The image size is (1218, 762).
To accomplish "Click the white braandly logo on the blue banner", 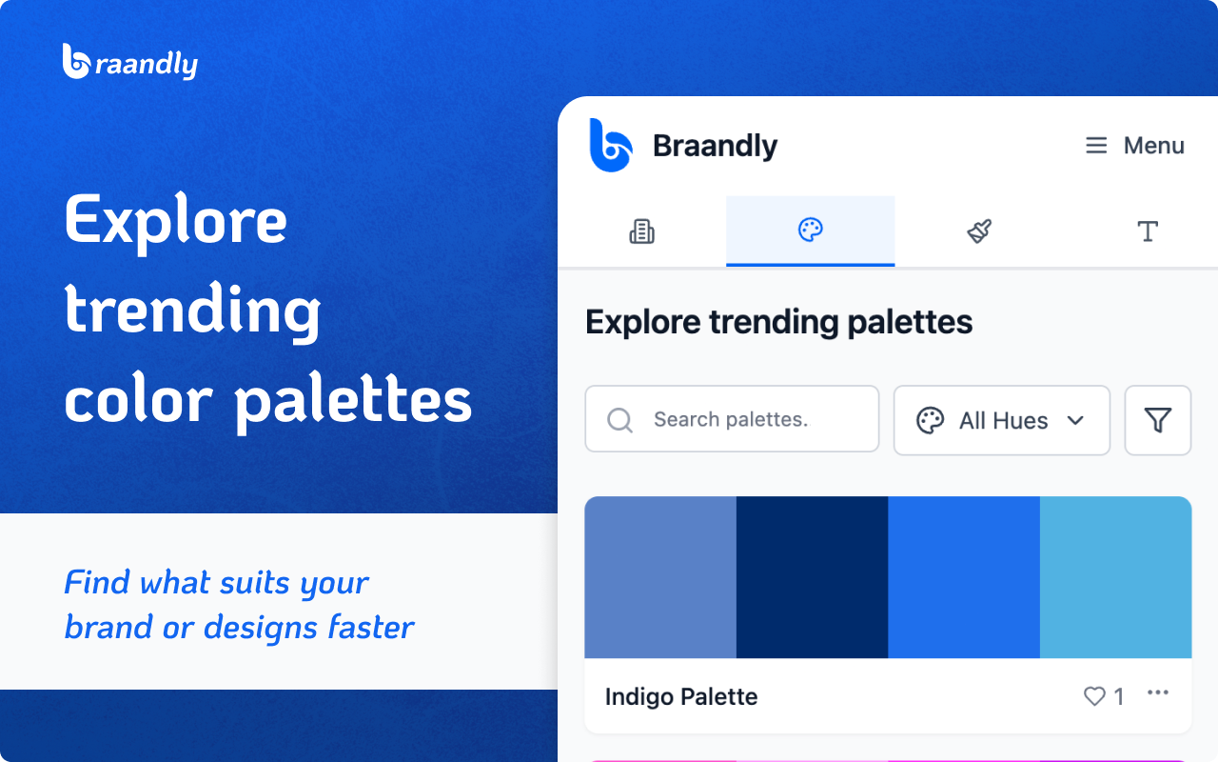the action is pyautogui.click(x=130, y=62).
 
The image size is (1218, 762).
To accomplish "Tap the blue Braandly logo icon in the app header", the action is pyautogui.click(x=611, y=146).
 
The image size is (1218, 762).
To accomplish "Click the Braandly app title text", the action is pyautogui.click(x=715, y=146).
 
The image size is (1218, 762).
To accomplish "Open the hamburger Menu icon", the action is pyautogui.click(x=1096, y=146).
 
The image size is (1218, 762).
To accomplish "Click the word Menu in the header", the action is pyautogui.click(x=1154, y=146).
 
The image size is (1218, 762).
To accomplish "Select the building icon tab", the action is pyautogui.click(x=641, y=231).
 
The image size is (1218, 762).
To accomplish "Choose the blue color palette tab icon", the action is pyautogui.click(x=810, y=230).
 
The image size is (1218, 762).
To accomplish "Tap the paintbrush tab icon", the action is pyautogui.click(x=979, y=231).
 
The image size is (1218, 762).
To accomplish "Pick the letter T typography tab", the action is pyautogui.click(x=1148, y=231).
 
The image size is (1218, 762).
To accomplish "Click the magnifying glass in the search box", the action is pyautogui.click(x=619, y=420).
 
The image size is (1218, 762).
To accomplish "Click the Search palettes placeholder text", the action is pyautogui.click(x=732, y=419).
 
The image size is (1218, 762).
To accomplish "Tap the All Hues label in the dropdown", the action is pyautogui.click(x=1003, y=421).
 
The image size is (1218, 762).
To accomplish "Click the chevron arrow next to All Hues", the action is pyautogui.click(x=1075, y=420).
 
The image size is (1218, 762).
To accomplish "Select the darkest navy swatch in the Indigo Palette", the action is pyautogui.click(x=813, y=577).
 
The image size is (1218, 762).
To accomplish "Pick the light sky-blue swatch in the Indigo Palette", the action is pyautogui.click(x=1116, y=577).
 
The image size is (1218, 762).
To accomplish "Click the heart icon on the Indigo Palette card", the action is pyautogui.click(x=1094, y=696).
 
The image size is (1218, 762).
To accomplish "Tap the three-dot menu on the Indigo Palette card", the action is pyautogui.click(x=1158, y=692).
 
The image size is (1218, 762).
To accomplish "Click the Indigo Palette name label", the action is pyautogui.click(x=681, y=696).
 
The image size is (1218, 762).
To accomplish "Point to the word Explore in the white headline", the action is pyautogui.click(x=176, y=222).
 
